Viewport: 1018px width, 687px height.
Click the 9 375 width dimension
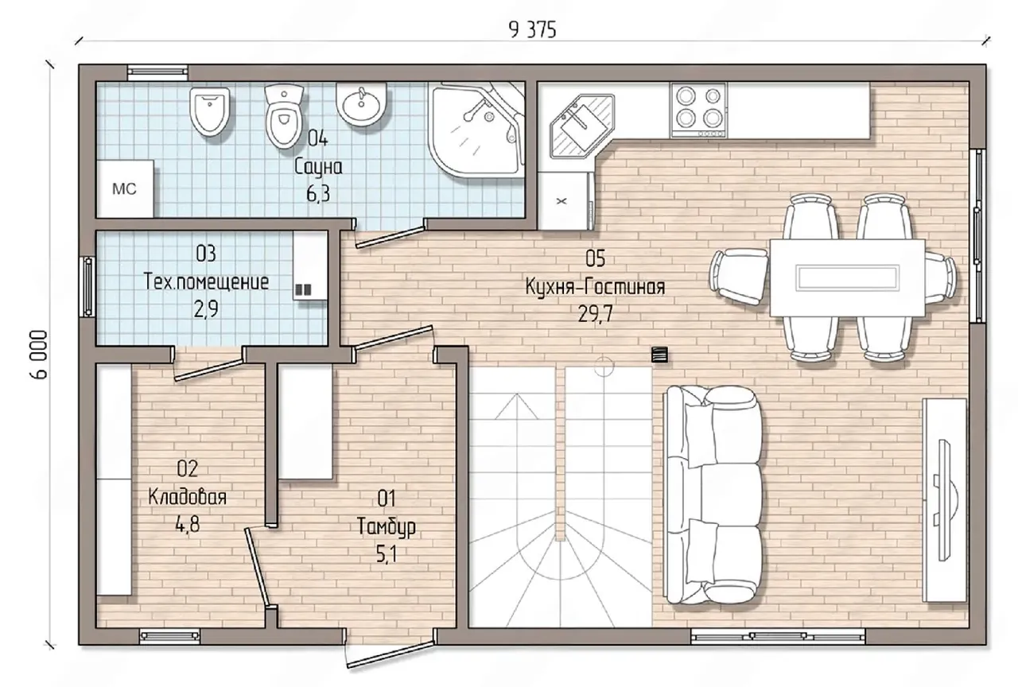(532, 30)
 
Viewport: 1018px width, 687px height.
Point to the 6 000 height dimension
(41, 355)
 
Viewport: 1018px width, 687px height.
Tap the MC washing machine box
(125, 188)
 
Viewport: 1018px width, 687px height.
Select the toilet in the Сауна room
(284, 116)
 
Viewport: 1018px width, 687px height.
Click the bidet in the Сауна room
(209, 111)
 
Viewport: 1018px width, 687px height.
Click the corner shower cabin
(476, 130)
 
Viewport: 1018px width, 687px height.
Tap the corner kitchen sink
(581, 126)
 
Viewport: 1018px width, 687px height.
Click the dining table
(848, 278)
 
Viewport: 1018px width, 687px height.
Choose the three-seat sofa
(712, 495)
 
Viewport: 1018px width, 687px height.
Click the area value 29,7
(595, 313)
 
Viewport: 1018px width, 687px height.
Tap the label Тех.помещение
(206, 281)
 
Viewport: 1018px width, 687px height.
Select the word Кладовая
(187, 497)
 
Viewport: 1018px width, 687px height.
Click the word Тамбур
(387, 527)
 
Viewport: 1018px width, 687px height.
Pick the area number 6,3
(317, 194)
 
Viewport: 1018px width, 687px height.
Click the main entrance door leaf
(389, 654)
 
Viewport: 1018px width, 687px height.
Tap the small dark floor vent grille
(659, 355)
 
